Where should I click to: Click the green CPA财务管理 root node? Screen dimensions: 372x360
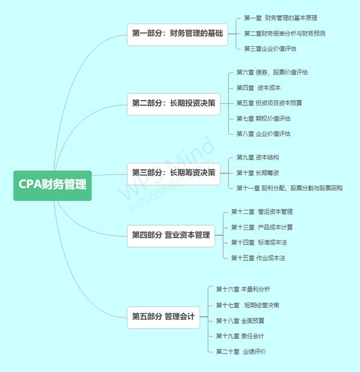[52, 185]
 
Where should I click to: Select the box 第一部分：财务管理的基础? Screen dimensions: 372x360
[177, 34]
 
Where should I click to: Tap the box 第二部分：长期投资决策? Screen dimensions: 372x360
[173, 103]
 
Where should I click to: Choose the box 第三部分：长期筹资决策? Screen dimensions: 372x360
[173, 173]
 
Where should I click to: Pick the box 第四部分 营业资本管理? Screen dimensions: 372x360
[170, 235]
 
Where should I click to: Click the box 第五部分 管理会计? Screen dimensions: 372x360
[163, 317]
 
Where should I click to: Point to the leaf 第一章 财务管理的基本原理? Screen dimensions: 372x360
[280, 19]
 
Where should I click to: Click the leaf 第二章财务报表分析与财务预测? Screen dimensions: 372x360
[284, 34]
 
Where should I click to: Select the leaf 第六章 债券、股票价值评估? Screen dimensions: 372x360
[272, 72]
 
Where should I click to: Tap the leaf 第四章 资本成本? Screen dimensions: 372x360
[258, 88]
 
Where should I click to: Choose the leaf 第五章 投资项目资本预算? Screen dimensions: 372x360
[269, 103]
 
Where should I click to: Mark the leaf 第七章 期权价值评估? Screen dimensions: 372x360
[263, 118]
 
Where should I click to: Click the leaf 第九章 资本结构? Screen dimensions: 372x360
[257, 158]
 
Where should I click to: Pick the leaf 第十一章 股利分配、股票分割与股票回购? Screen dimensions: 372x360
[289, 188]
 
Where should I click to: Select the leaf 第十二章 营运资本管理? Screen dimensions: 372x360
[262, 212]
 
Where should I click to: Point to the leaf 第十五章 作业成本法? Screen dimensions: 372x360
[258, 258]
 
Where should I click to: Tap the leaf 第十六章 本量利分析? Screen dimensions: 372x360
[243, 289]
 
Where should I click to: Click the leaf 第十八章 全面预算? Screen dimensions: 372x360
[240, 320]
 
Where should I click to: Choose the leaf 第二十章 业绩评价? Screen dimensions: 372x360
[241, 351]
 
